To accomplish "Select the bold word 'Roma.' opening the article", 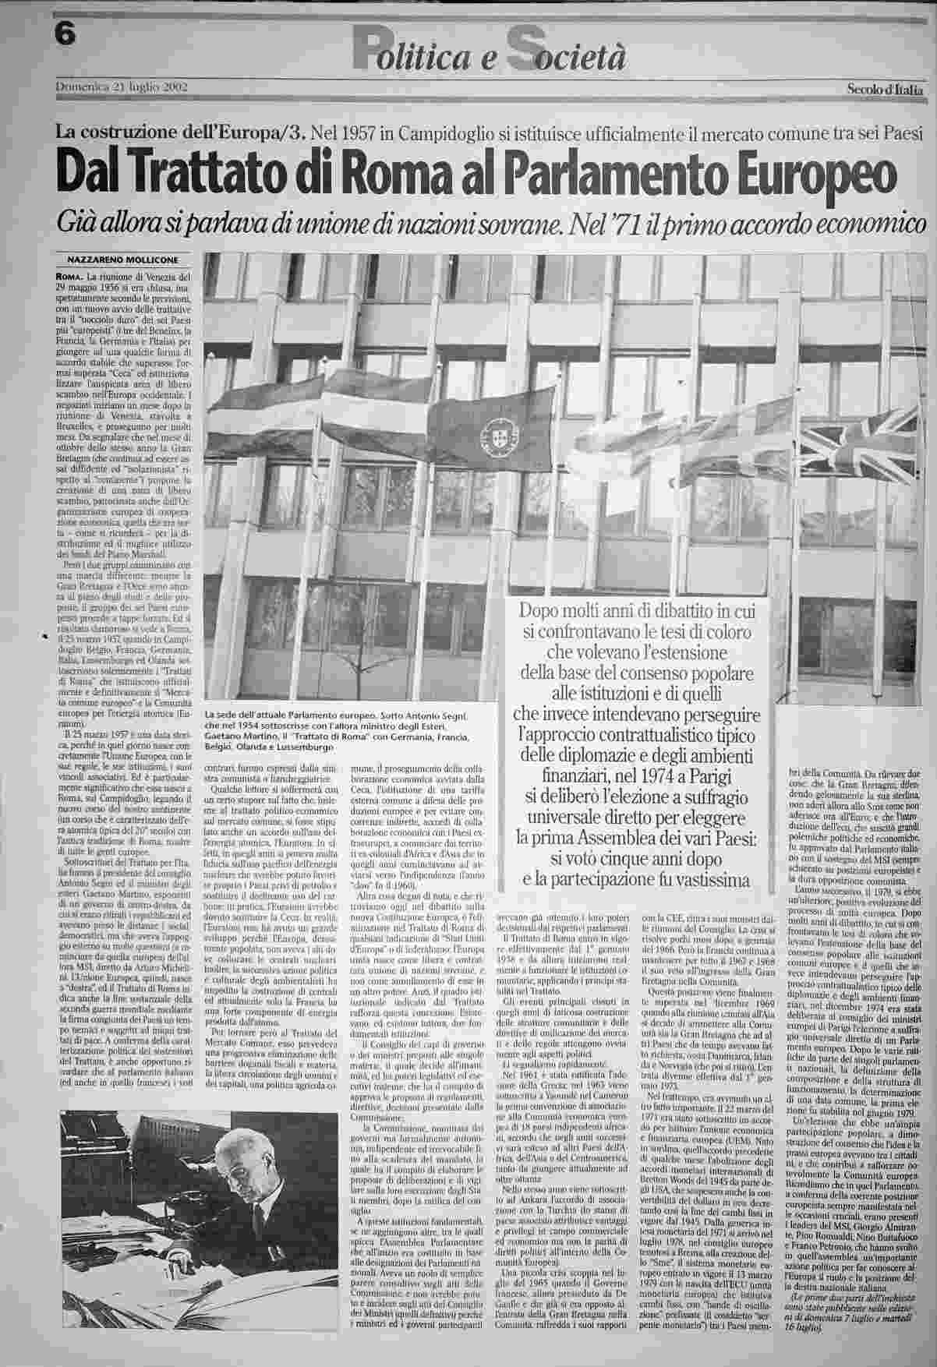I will (x=71, y=277).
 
